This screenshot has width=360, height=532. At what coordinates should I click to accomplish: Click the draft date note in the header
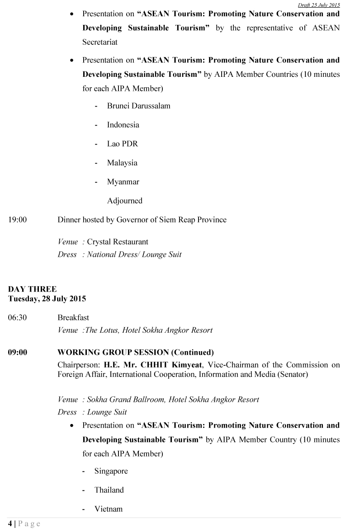(319, 5)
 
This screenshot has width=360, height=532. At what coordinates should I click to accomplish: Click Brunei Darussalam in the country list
(138, 106)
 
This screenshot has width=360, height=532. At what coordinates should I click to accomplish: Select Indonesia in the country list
(123, 125)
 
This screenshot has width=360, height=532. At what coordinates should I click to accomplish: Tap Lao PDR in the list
(122, 144)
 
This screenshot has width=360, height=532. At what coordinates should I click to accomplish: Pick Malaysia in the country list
(122, 163)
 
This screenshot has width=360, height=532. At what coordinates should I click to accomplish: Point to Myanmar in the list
(123, 182)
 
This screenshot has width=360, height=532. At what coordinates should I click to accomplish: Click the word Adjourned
(124, 201)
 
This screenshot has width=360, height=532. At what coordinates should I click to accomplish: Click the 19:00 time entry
(17, 220)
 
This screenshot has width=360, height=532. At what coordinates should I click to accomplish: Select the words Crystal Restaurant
(118, 242)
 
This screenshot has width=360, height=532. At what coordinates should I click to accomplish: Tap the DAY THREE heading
(33, 289)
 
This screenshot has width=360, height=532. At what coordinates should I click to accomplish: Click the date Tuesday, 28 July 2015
(47, 299)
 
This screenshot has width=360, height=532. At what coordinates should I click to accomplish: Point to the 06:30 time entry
(17, 318)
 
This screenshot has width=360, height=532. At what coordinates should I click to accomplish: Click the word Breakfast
(73, 318)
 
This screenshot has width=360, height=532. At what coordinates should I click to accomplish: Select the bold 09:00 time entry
(17, 352)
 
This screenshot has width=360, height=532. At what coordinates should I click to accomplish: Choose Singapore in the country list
(111, 471)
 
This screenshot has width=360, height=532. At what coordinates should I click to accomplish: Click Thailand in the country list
(109, 490)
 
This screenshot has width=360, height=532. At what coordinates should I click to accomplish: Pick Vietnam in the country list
(109, 509)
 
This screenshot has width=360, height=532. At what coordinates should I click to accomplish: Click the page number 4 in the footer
(10, 523)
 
